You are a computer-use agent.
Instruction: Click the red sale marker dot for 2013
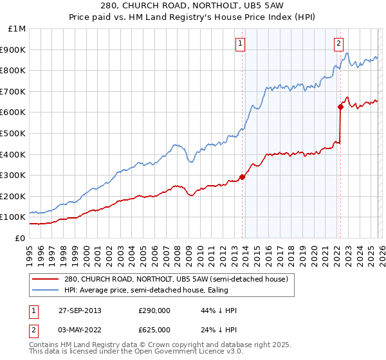coord(243,177)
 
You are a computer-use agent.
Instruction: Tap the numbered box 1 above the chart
coord(240,44)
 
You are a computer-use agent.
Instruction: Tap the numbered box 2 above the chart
coord(338,44)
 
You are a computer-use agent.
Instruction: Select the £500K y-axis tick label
coord(14,133)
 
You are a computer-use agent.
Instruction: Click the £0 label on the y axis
coord(19,238)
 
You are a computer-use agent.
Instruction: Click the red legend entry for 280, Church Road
coord(179,279)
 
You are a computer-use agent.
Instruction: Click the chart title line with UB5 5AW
coord(193,6)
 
